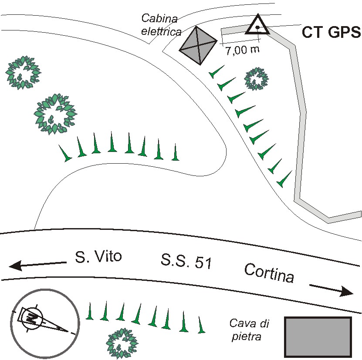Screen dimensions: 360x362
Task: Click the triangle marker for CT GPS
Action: click(x=257, y=26)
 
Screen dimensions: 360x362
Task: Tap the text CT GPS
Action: click(x=331, y=32)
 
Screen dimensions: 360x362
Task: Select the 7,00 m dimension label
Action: click(x=242, y=50)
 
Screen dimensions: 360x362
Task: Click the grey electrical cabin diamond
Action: click(x=198, y=45)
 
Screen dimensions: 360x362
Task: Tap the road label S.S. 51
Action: click(x=186, y=262)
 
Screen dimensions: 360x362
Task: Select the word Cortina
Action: click(x=269, y=273)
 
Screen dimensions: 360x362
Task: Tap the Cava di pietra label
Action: click(x=250, y=330)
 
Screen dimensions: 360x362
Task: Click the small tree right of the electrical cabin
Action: click(x=256, y=78)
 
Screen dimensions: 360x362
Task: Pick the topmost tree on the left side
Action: click(x=23, y=73)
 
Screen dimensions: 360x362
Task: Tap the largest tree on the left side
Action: click(x=55, y=114)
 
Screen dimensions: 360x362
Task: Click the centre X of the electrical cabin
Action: click(x=198, y=45)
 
